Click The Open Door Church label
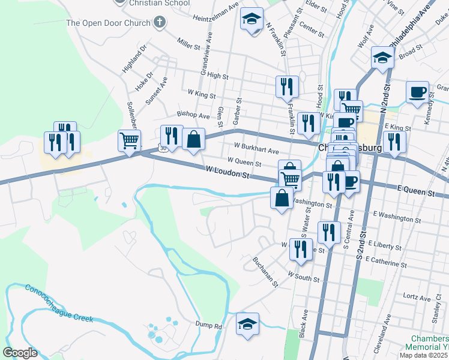click(x=108, y=23)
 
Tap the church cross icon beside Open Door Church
click(x=159, y=23)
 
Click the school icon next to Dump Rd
click(x=247, y=324)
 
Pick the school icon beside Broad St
click(x=382, y=58)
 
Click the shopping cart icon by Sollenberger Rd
click(x=129, y=141)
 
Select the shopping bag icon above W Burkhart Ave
click(x=193, y=139)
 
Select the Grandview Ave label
click(x=206, y=60)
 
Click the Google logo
click(x=20, y=353)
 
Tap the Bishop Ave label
click(x=193, y=114)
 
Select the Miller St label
click(x=188, y=43)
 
